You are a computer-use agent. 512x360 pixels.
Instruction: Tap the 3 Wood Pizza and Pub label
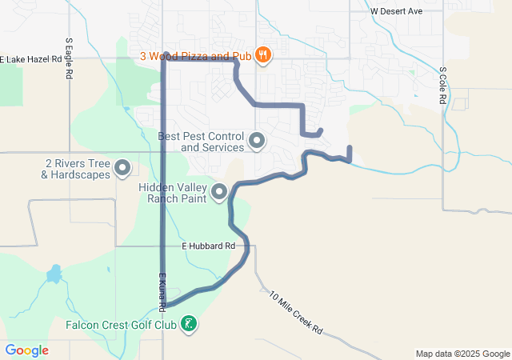pyautogui.click(x=195, y=56)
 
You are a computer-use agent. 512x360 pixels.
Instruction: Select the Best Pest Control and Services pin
pyautogui.click(x=257, y=142)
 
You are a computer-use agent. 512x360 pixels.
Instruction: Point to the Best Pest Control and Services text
pyautogui.click(x=202, y=142)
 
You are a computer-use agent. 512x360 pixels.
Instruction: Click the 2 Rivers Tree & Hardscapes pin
pyautogui.click(x=122, y=168)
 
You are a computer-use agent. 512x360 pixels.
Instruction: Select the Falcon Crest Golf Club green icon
pyautogui.click(x=189, y=324)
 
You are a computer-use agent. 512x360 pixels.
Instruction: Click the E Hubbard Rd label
pyautogui.click(x=207, y=246)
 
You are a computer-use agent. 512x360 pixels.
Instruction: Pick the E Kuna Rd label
pyautogui.click(x=161, y=291)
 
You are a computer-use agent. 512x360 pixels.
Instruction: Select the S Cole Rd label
pyautogui.click(x=442, y=86)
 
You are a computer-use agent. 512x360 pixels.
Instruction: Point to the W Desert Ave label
pyautogui.click(x=396, y=12)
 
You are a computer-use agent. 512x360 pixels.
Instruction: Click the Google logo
pyautogui.click(x=27, y=350)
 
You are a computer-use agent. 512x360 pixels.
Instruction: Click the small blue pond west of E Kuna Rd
pyautogui.click(x=54, y=274)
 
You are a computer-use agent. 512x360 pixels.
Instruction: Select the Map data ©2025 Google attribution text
pyautogui.click(x=462, y=354)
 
